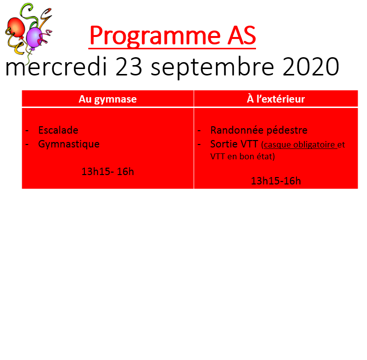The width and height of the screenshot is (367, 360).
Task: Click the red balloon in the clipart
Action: click(16, 28)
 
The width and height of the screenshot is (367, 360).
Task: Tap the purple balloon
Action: click(34, 37)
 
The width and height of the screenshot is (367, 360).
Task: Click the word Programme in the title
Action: click(155, 36)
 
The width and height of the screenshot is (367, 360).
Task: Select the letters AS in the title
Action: click(242, 35)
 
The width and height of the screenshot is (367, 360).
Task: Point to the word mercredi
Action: click(56, 67)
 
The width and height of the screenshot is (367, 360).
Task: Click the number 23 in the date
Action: click(129, 67)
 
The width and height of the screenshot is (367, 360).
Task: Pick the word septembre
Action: click(212, 68)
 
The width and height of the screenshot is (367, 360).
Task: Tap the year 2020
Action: click(311, 67)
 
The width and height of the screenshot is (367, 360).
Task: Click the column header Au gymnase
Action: click(108, 99)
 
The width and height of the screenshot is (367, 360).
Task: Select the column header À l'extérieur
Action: click(276, 99)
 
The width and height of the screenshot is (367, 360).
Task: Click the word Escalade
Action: click(58, 130)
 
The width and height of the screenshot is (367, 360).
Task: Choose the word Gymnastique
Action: click(69, 144)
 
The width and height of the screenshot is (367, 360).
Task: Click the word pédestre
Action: click(287, 130)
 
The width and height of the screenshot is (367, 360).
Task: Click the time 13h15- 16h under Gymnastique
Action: click(108, 172)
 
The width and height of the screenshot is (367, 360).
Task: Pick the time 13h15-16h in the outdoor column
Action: click(276, 181)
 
